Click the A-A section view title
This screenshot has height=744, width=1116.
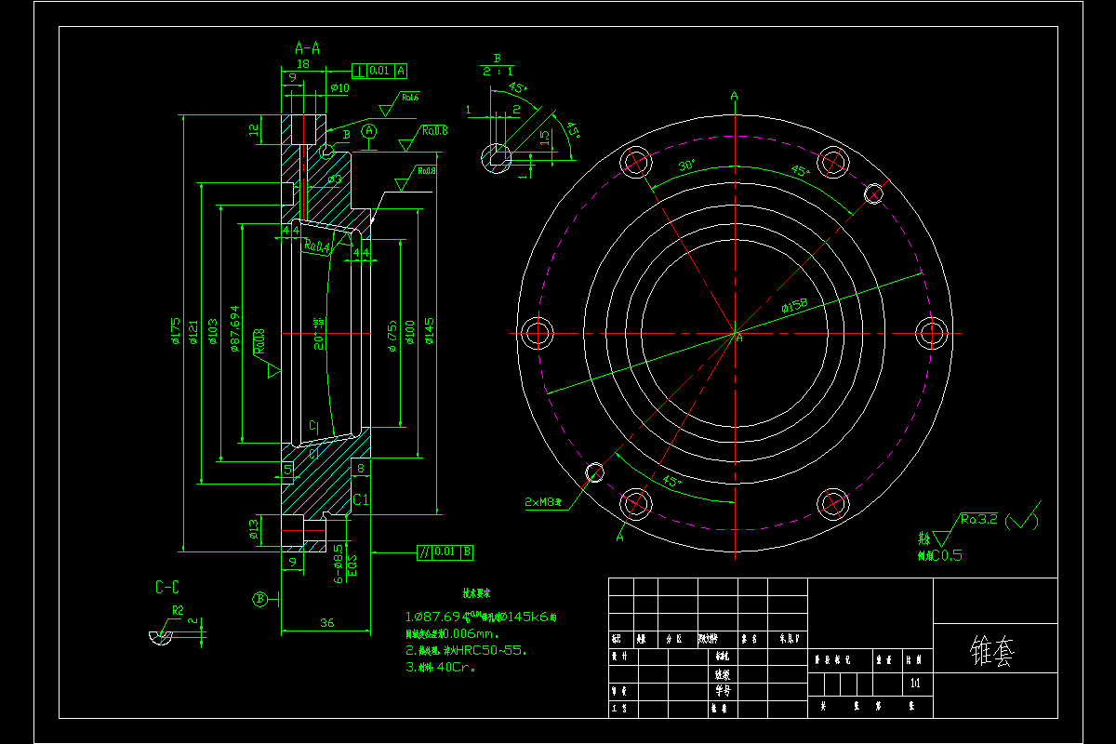pos(307,47)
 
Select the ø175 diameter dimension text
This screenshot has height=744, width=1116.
pos(175,331)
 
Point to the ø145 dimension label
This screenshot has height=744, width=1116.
pos(430,331)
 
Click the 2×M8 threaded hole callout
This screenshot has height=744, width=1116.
pos(544,502)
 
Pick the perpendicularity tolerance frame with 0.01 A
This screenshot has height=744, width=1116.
pos(379,70)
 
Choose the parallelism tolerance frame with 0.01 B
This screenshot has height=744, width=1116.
pos(445,552)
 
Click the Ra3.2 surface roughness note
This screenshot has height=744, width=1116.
pos(978,520)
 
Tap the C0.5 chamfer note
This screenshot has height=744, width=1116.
pos(939,555)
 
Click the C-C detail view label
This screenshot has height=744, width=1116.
pos(167,587)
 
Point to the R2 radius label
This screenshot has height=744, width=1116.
pos(177,611)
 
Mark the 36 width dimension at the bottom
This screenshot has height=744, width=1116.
pos(326,622)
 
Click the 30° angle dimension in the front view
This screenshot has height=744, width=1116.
pos(686,166)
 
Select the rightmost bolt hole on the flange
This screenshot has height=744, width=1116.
pos(932,332)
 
